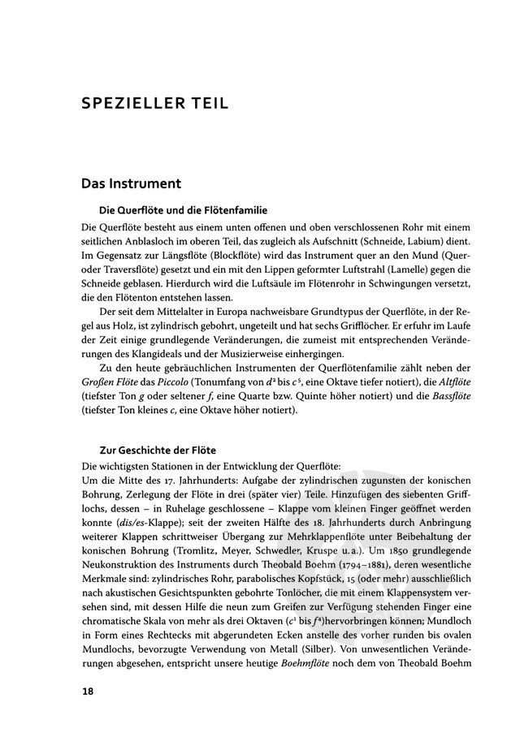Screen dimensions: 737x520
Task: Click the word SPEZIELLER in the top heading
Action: pos(132,103)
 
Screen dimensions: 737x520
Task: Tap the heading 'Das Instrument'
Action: pos(131,185)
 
